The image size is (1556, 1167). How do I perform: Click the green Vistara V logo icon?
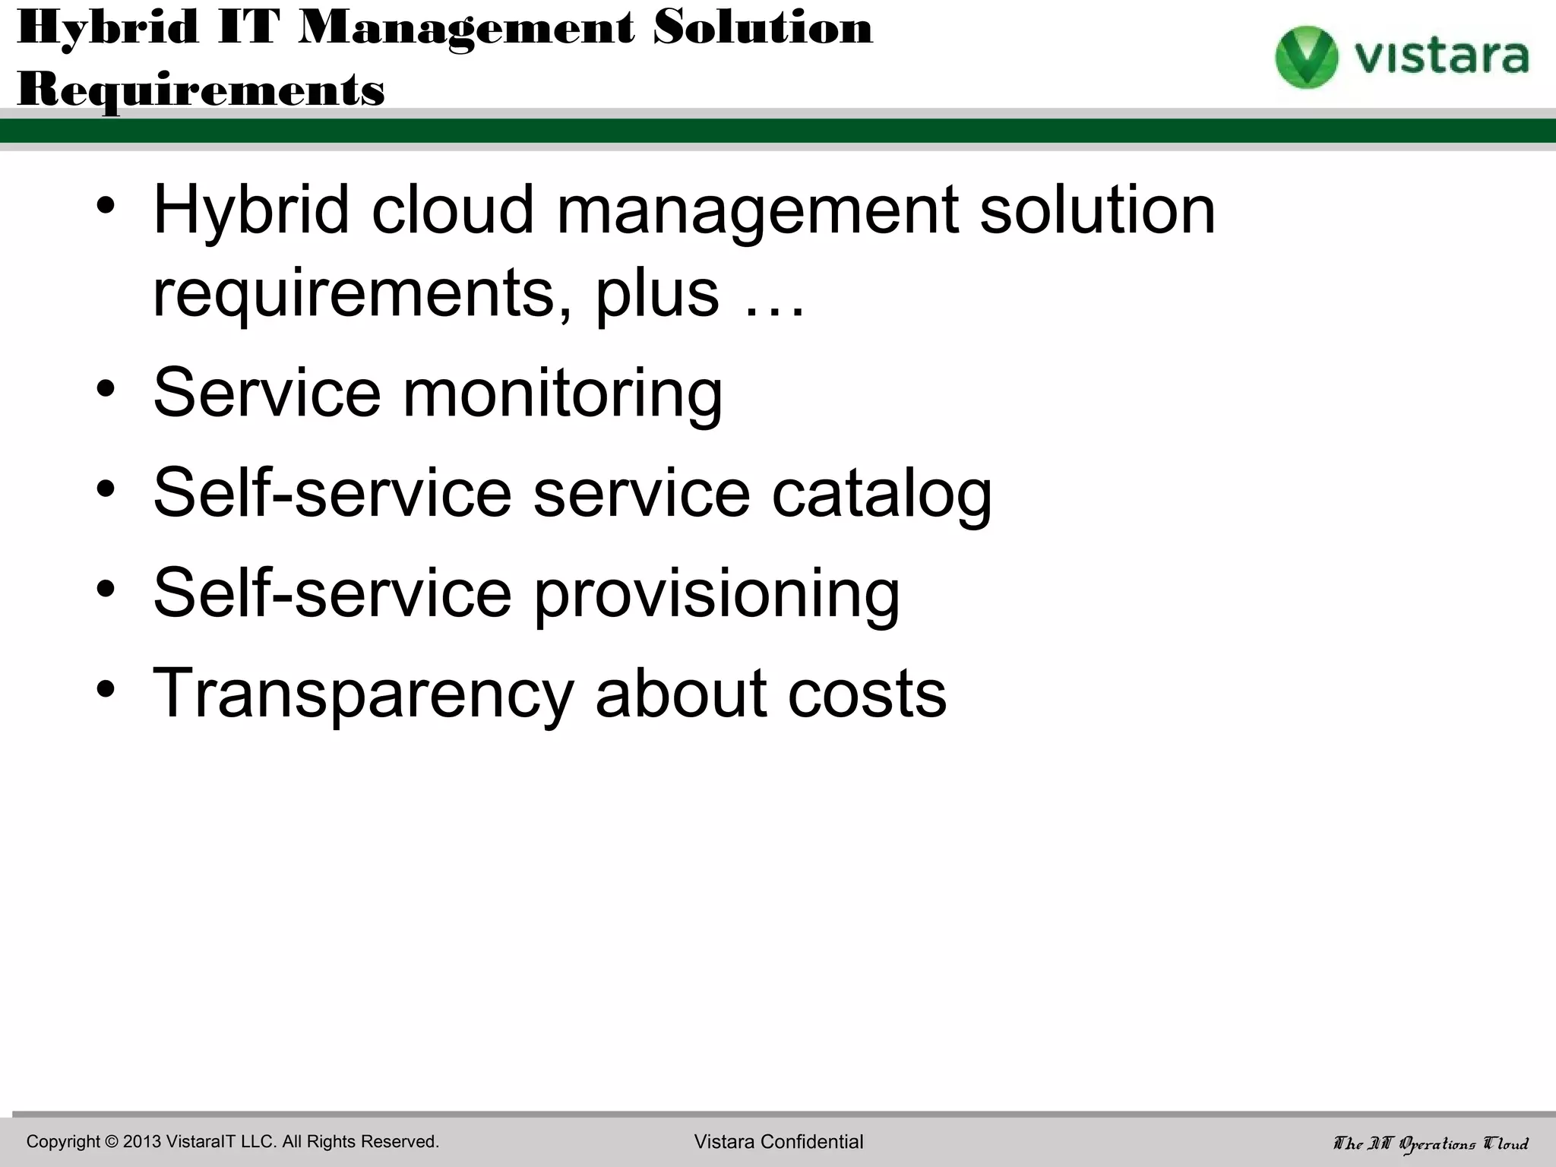pos(1305,56)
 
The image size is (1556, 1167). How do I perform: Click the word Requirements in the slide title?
pos(201,90)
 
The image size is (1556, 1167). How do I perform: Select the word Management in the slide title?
pos(466,29)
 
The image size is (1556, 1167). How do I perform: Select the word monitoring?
pos(562,394)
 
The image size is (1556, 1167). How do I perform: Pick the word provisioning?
pos(716,594)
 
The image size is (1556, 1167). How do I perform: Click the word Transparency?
pos(363,694)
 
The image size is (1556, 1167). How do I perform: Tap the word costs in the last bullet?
pos(867,694)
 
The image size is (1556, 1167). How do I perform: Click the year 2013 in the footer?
pos(142,1142)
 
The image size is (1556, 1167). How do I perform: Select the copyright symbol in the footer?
pos(112,1142)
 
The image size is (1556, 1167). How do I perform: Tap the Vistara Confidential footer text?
pos(779,1142)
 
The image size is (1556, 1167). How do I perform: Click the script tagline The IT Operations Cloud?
pos(1431,1143)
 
